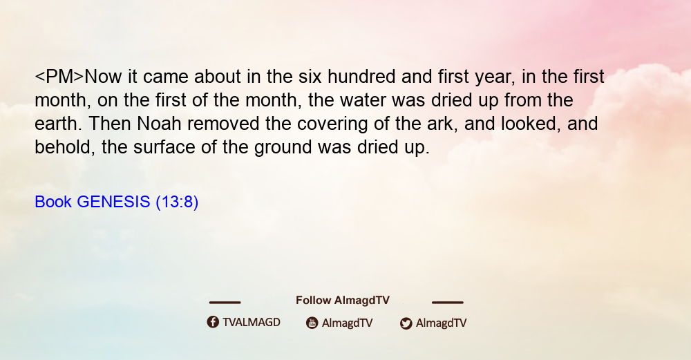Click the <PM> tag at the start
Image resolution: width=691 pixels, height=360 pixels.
tap(59, 77)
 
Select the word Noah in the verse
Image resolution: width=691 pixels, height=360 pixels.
tap(159, 124)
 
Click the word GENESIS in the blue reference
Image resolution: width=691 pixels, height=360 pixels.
tap(113, 202)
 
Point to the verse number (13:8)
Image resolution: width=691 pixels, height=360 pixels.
tap(177, 202)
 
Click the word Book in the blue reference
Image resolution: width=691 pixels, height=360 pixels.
tap(53, 202)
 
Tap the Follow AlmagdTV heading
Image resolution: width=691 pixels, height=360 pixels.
tap(343, 301)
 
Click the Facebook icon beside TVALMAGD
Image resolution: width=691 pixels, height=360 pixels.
tap(213, 322)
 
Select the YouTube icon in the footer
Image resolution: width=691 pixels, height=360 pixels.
tap(312, 323)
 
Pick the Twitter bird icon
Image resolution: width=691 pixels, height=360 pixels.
tap(406, 323)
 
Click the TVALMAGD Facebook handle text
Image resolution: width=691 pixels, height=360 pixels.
tap(252, 322)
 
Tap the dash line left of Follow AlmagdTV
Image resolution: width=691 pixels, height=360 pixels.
tap(225, 302)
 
